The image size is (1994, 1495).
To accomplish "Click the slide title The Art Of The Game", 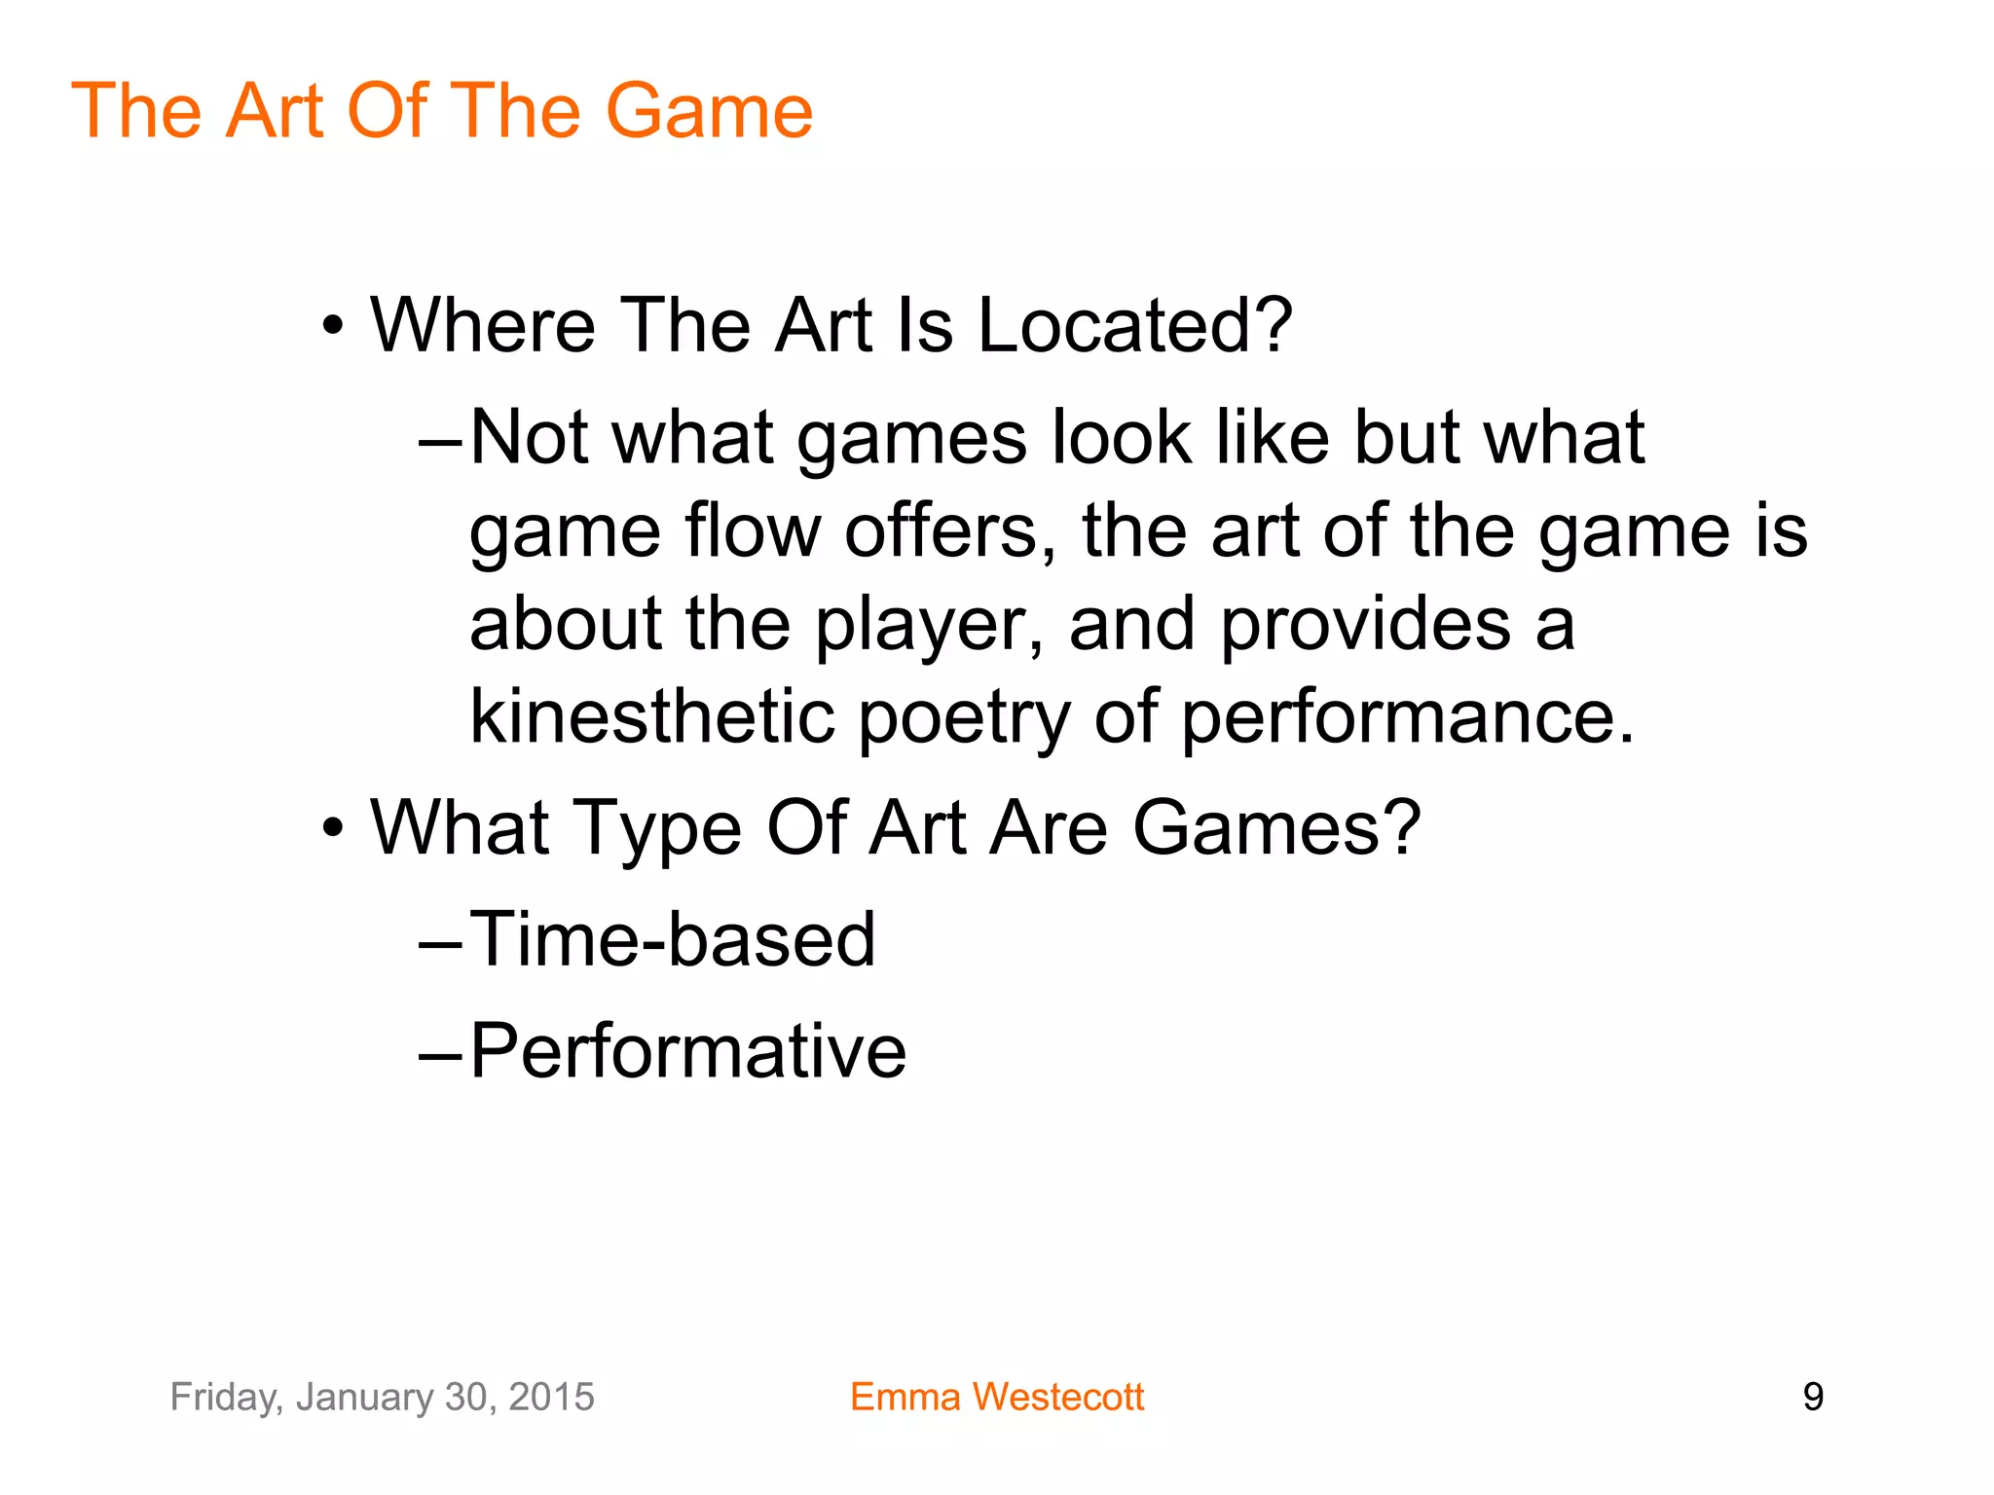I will click(x=442, y=111).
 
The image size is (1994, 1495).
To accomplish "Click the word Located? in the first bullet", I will click(x=1134, y=325).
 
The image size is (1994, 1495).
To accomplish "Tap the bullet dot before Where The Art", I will click(x=334, y=327).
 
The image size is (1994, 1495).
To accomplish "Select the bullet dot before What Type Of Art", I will click(x=334, y=829).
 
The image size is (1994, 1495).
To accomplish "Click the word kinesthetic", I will click(x=652, y=716).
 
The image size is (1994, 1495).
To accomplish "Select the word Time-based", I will click(x=673, y=939).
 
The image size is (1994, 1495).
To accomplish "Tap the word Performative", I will click(x=687, y=1051).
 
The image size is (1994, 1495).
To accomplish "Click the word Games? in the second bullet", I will click(x=1276, y=828).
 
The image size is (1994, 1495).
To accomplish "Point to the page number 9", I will click(x=1813, y=1397).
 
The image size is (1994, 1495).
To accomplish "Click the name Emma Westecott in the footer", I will click(x=996, y=1397).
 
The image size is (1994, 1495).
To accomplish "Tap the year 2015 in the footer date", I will click(x=551, y=1397).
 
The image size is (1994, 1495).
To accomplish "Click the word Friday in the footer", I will click(x=224, y=1398).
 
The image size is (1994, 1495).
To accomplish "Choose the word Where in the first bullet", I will click(x=483, y=325).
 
